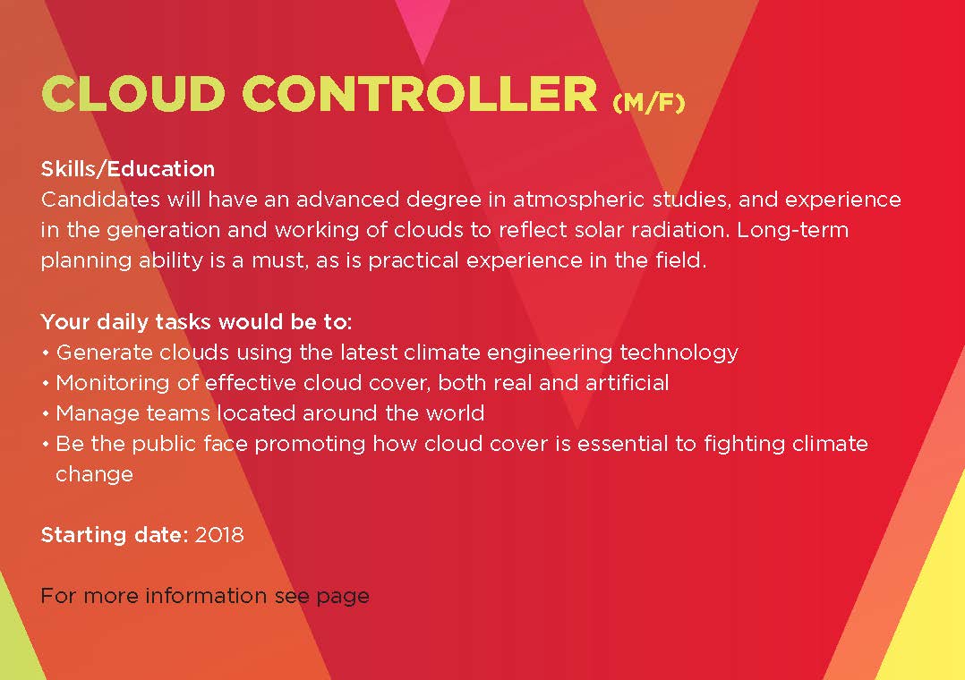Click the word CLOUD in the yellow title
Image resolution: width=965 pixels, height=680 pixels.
pyautogui.click(x=132, y=94)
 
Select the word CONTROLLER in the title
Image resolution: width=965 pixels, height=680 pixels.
pyautogui.click(x=420, y=94)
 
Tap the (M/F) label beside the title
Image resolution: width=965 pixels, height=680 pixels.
pyautogui.click(x=649, y=102)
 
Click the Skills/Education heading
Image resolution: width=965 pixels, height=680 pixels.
pyautogui.click(x=127, y=169)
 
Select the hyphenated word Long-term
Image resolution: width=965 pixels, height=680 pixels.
pyautogui.click(x=793, y=231)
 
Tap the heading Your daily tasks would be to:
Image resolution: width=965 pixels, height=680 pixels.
pyautogui.click(x=196, y=322)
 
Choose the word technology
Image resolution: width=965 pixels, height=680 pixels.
pyautogui.click(x=679, y=353)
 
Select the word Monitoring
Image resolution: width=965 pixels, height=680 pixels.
pyautogui.click(x=113, y=383)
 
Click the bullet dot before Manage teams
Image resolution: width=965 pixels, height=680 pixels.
pyautogui.click(x=46, y=413)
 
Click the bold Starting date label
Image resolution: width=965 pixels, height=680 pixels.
pyautogui.click(x=115, y=535)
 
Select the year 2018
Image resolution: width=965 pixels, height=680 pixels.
pyautogui.click(x=219, y=535)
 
